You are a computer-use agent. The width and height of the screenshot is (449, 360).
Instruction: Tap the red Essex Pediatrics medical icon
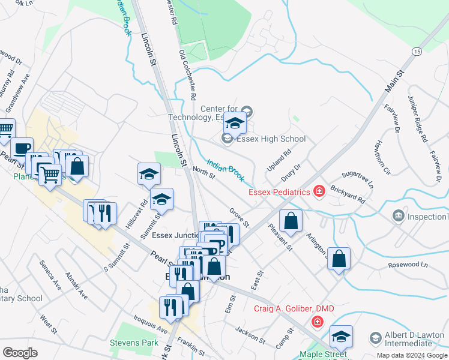click(x=319, y=191)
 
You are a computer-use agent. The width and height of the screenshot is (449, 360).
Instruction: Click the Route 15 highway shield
click(x=416, y=52)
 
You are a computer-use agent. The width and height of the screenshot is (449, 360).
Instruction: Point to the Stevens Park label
click(x=134, y=343)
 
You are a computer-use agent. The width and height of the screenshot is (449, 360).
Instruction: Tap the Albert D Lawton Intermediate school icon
click(x=376, y=338)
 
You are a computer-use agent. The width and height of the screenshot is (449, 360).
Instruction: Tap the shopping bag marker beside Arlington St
click(x=339, y=259)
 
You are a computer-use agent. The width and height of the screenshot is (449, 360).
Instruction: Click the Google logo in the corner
click(x=21, y=353)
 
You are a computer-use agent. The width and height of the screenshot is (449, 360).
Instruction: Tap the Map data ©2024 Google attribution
click(x=411, y=355)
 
